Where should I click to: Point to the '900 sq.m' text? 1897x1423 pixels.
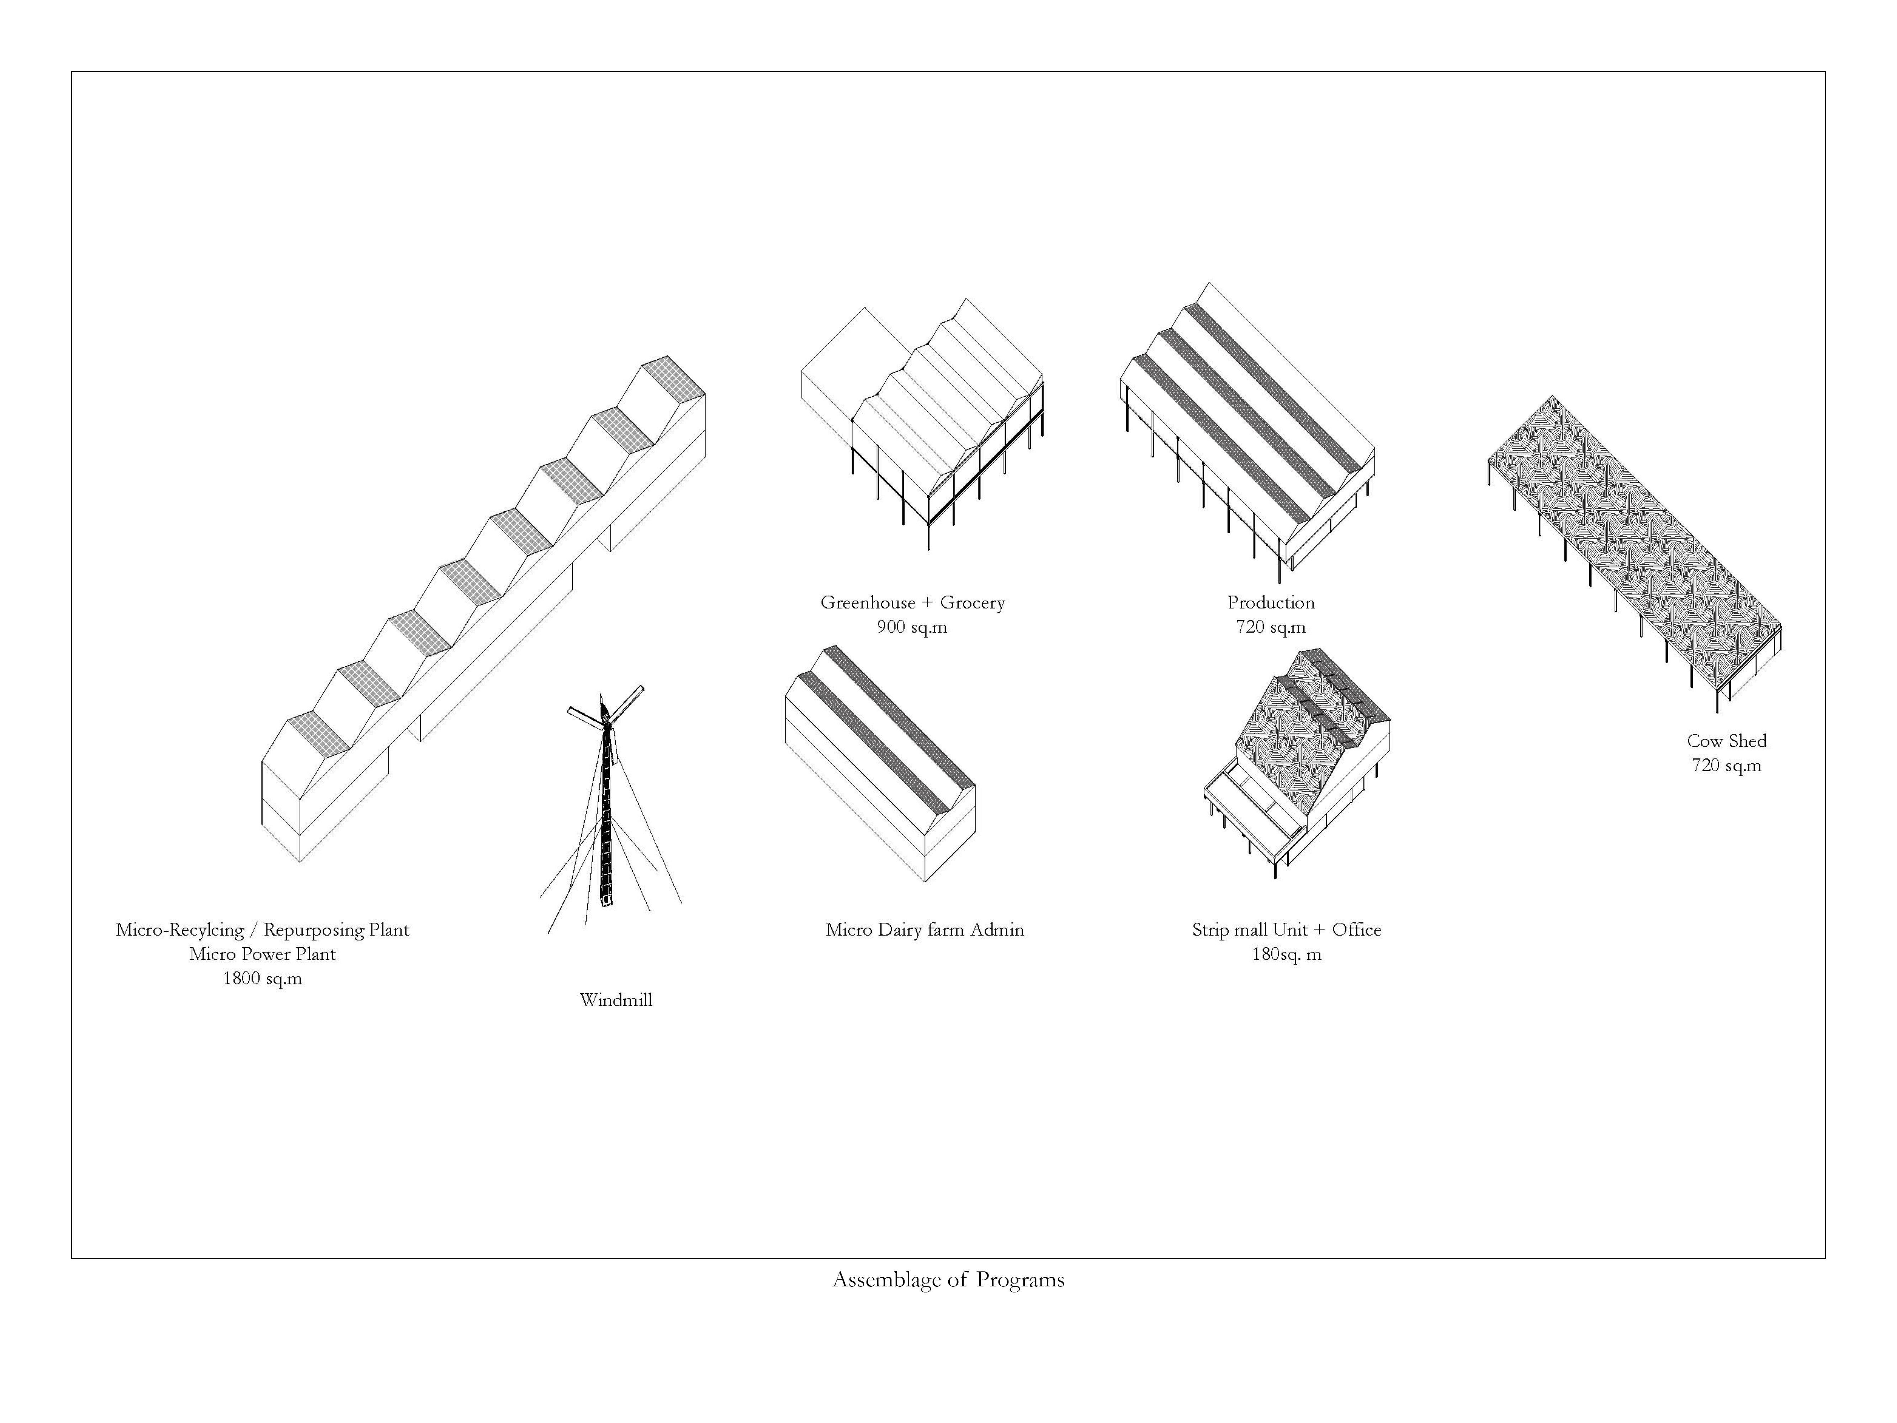pyautogui.click(x=912, y=627)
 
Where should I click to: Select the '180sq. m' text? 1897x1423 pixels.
pyautogui.click(x=1286, y=954)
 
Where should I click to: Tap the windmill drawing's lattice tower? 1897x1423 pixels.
pyautogui.click(x=607, y=815)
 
